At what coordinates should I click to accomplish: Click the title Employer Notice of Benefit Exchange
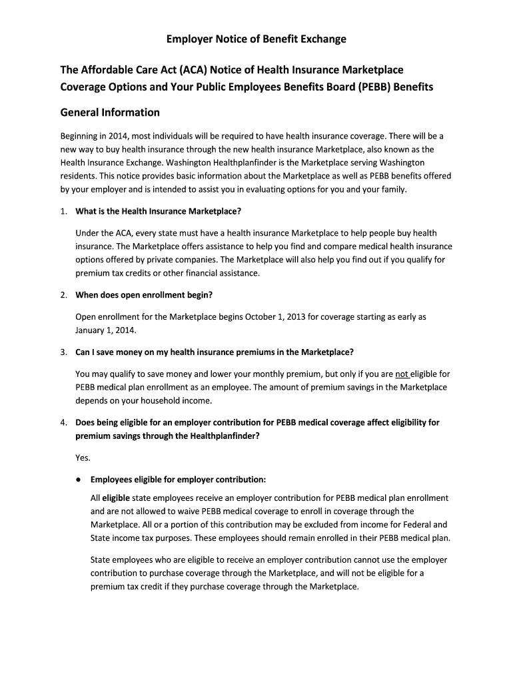tap(256, 39)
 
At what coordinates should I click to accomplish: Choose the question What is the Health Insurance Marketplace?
tap(158, 211)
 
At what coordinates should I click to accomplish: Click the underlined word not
tap(402, 374)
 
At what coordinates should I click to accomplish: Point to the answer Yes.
tap(83, 458)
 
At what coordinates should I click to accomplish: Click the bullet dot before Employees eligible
tap(79, 480)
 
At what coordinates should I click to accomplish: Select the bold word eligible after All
tap(116, 498)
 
